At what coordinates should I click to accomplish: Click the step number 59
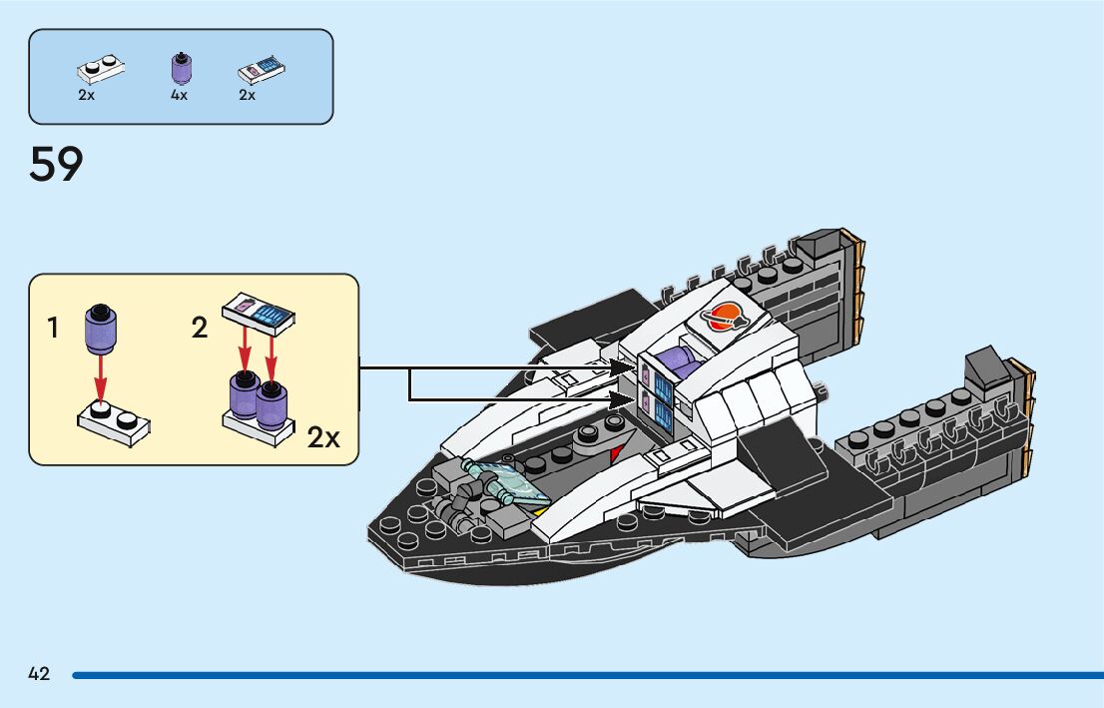coord(56,165)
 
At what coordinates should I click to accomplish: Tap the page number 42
coord(39,674)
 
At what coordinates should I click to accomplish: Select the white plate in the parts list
coord(101,69)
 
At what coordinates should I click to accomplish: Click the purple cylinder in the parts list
coord(181,68)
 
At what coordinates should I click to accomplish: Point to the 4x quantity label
coord(179,96)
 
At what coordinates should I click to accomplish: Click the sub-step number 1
coord(53,327)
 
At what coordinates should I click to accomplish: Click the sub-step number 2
coord(200,327)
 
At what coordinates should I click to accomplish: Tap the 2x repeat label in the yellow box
coord(324,437)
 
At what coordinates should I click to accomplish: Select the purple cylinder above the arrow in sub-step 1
coord(100,327)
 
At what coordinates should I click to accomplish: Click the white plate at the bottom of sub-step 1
coord(114,419)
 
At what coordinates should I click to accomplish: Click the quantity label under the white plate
coord(86,96)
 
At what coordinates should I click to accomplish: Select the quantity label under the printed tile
coord(247,96)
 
